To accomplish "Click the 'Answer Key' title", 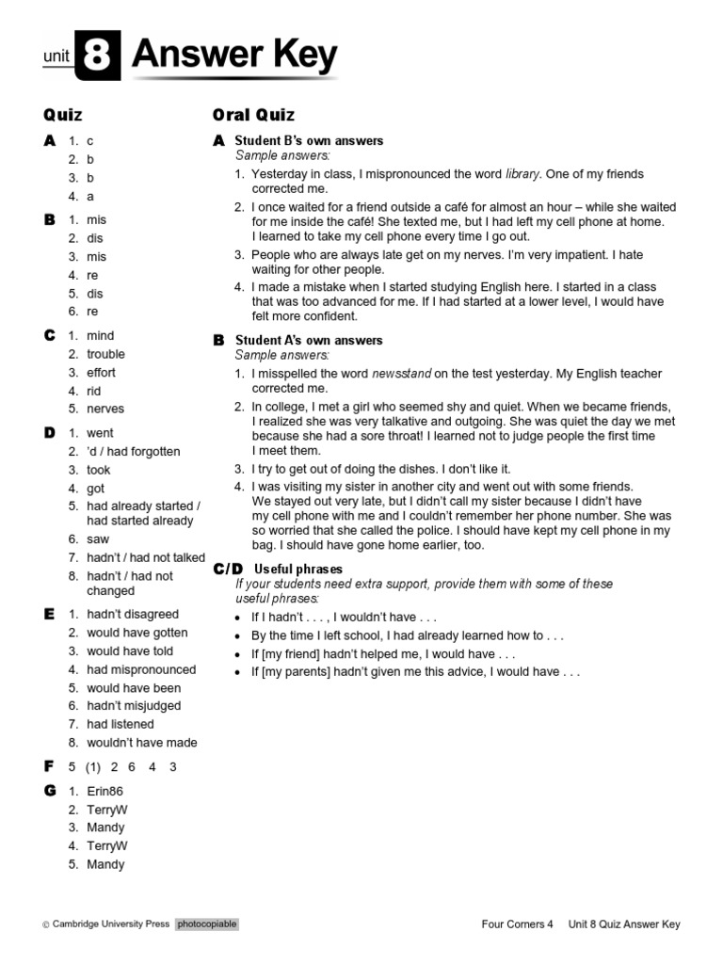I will coord(233,56).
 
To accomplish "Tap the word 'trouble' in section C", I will coord(105,354).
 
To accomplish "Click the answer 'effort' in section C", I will coord(102,372).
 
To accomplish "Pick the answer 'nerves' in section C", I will coord(105,409).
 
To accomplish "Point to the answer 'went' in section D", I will coord(100,433).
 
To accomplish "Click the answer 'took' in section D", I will coord(99,470).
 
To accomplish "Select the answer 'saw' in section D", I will coord(98,539).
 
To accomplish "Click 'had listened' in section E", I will coord(120,724).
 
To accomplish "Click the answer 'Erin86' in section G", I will coord(105,792).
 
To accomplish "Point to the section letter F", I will coord(49,766).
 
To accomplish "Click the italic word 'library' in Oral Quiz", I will coord(522,174).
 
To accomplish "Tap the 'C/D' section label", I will coord(228,569).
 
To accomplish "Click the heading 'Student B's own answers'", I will coord(309,140).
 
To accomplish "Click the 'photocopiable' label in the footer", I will coord(206,924).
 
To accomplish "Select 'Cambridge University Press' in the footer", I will coord(110,924).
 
